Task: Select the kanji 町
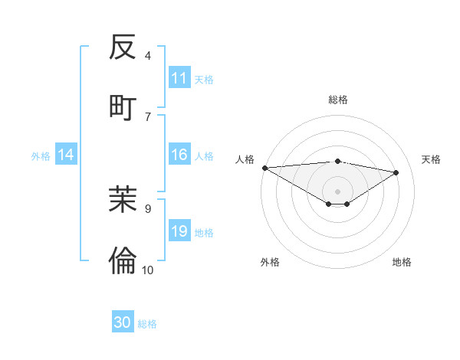[x=123, y=107]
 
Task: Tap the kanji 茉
[x=123, y=199]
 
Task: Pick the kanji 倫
[x=123, y=261]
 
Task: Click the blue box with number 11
[x=179, y=78]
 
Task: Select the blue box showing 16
[x=179, y=155]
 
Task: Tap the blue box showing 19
[x=179, y=232]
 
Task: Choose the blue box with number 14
[x=66, y=155]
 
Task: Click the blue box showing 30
[x=123, y=322]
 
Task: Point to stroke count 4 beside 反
[x=148, y=55]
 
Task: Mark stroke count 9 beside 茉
[x=148, y=208]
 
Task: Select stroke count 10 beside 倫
[x=148, y=270]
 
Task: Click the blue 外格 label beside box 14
[x=41, y=156]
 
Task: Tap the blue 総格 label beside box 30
[x=147, y=324]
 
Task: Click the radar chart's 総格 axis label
[x=338, y=100]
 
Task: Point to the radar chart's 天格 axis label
[x=432, y=159]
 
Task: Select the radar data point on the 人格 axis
[x=264, y=168]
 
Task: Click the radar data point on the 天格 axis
[x=396, y=172]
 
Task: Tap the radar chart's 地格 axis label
[x=402, y=262]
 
